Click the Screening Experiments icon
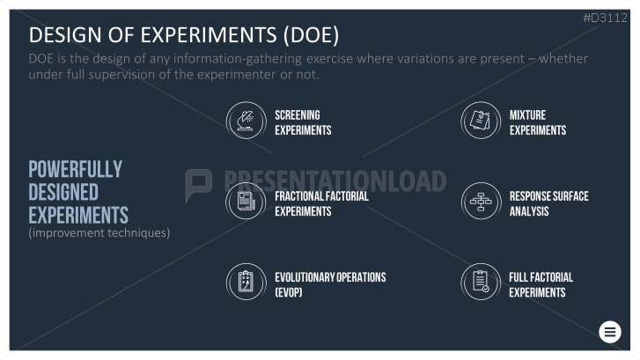[246, 121]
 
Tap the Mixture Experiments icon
[481, 121]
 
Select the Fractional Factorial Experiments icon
[246, 202]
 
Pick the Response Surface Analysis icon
[481, 202]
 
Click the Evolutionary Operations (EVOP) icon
[246, 282]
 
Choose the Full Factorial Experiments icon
[481, 282]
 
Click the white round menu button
[610, 332]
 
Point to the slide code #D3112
[606, 18]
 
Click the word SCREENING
[298, 115]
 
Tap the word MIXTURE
[527, 115]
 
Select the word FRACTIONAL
[298, 196]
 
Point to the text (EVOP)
[289, 292]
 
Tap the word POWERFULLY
[76, 169]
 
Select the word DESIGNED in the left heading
[63, 192]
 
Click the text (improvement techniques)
[99, 232]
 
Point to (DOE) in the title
[311, 34]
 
